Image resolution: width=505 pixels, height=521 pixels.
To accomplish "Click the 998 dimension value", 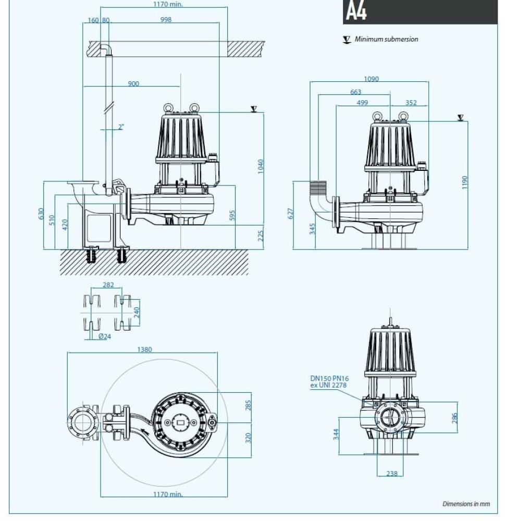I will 166,20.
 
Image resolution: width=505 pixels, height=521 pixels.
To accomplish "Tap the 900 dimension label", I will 133,83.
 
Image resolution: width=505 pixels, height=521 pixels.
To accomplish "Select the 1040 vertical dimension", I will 261,166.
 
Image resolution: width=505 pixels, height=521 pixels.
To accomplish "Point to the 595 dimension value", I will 232,215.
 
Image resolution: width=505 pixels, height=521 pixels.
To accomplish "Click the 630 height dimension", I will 41,214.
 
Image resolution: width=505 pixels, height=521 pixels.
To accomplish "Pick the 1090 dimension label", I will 371,79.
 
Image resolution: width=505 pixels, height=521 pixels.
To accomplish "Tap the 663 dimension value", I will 355,92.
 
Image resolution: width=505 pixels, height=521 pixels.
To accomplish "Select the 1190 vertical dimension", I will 465,183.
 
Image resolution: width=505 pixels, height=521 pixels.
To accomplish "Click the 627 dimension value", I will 291,214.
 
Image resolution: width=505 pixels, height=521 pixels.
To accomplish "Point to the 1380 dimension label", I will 144,350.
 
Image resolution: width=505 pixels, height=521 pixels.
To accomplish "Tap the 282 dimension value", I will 108,285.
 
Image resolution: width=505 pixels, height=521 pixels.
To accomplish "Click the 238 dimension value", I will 392,474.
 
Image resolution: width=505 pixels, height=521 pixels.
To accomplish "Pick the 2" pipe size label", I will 121,127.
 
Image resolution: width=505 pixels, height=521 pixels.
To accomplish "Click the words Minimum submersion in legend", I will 386,39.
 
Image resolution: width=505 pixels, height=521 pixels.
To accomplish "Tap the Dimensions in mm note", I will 466,504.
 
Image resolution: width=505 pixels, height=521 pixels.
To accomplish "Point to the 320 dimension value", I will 248,438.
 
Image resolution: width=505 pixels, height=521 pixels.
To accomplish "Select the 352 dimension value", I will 411,103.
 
